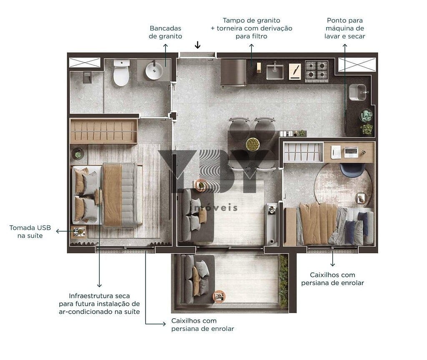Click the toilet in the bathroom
(121, 73)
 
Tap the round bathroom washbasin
(154, 70)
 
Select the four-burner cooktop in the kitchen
(316, 71)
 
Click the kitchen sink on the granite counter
(275, 72)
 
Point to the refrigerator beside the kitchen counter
(234, 73)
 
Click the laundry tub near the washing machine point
(357, 92)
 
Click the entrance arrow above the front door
(198, 45)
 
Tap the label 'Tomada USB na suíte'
(30, 232)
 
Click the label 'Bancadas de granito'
(165, 32)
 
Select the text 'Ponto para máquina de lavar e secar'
(345, 28)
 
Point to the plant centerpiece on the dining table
(253, 144)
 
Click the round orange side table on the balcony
(219, 296)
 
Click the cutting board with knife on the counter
(295, 71)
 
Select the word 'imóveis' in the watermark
(215, 208)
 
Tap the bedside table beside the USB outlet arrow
(78, 232)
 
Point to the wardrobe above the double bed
(104, 131)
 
